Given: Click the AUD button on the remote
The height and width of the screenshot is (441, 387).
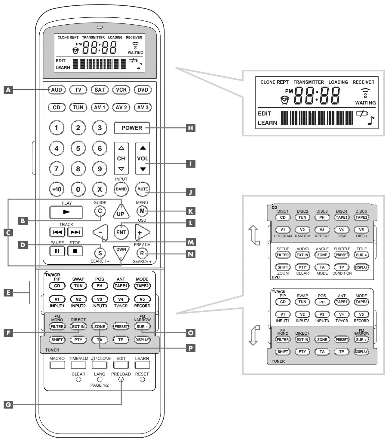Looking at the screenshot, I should [x=57, y=90].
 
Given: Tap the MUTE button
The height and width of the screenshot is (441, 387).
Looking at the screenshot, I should [x=143, y=189].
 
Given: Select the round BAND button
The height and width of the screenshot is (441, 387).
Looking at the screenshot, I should [x=121, y=189].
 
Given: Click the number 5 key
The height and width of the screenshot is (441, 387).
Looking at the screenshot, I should [x=78, y=148].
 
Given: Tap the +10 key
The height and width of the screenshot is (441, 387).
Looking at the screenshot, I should [x=57, y=189].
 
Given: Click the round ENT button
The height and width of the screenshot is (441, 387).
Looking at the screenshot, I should [x=121, y=232].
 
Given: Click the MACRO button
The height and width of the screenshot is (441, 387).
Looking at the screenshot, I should [x=57, y=365].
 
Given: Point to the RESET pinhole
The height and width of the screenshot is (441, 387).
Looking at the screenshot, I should [x=142, y=379].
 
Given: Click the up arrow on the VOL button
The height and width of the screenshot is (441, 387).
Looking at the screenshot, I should [x=143, y=148].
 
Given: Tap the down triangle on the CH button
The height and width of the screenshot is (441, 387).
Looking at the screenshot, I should [x=121, y=169].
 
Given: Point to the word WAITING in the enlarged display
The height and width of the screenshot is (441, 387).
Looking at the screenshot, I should [x=365, y=103].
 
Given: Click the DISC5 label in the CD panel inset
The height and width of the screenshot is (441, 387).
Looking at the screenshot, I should [x=361, y=211].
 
